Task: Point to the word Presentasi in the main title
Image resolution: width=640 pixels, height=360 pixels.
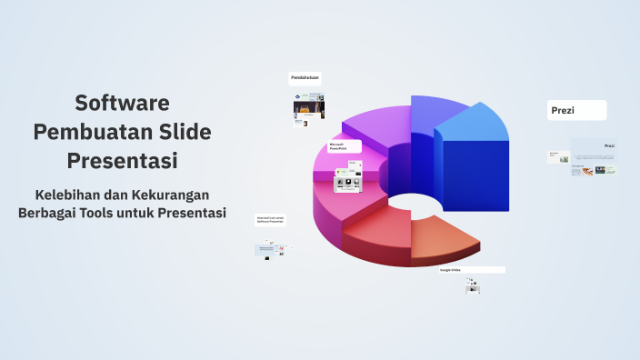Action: click(x=122, y=162)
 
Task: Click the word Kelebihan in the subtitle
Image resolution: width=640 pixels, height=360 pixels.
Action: click(x=71, y=195)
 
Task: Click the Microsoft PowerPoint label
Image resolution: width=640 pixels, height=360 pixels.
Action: click(x=344, y=145)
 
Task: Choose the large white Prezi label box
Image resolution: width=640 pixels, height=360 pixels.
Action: click(x=577, y=111)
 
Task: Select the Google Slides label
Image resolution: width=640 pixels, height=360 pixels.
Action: click(x=471, y=270)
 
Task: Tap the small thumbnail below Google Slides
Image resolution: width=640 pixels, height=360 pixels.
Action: click(x=472, y=285)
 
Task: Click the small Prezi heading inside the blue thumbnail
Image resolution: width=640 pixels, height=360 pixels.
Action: click(x=609, y=145)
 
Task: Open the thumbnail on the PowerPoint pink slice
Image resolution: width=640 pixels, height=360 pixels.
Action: click(x=348, y=176)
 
